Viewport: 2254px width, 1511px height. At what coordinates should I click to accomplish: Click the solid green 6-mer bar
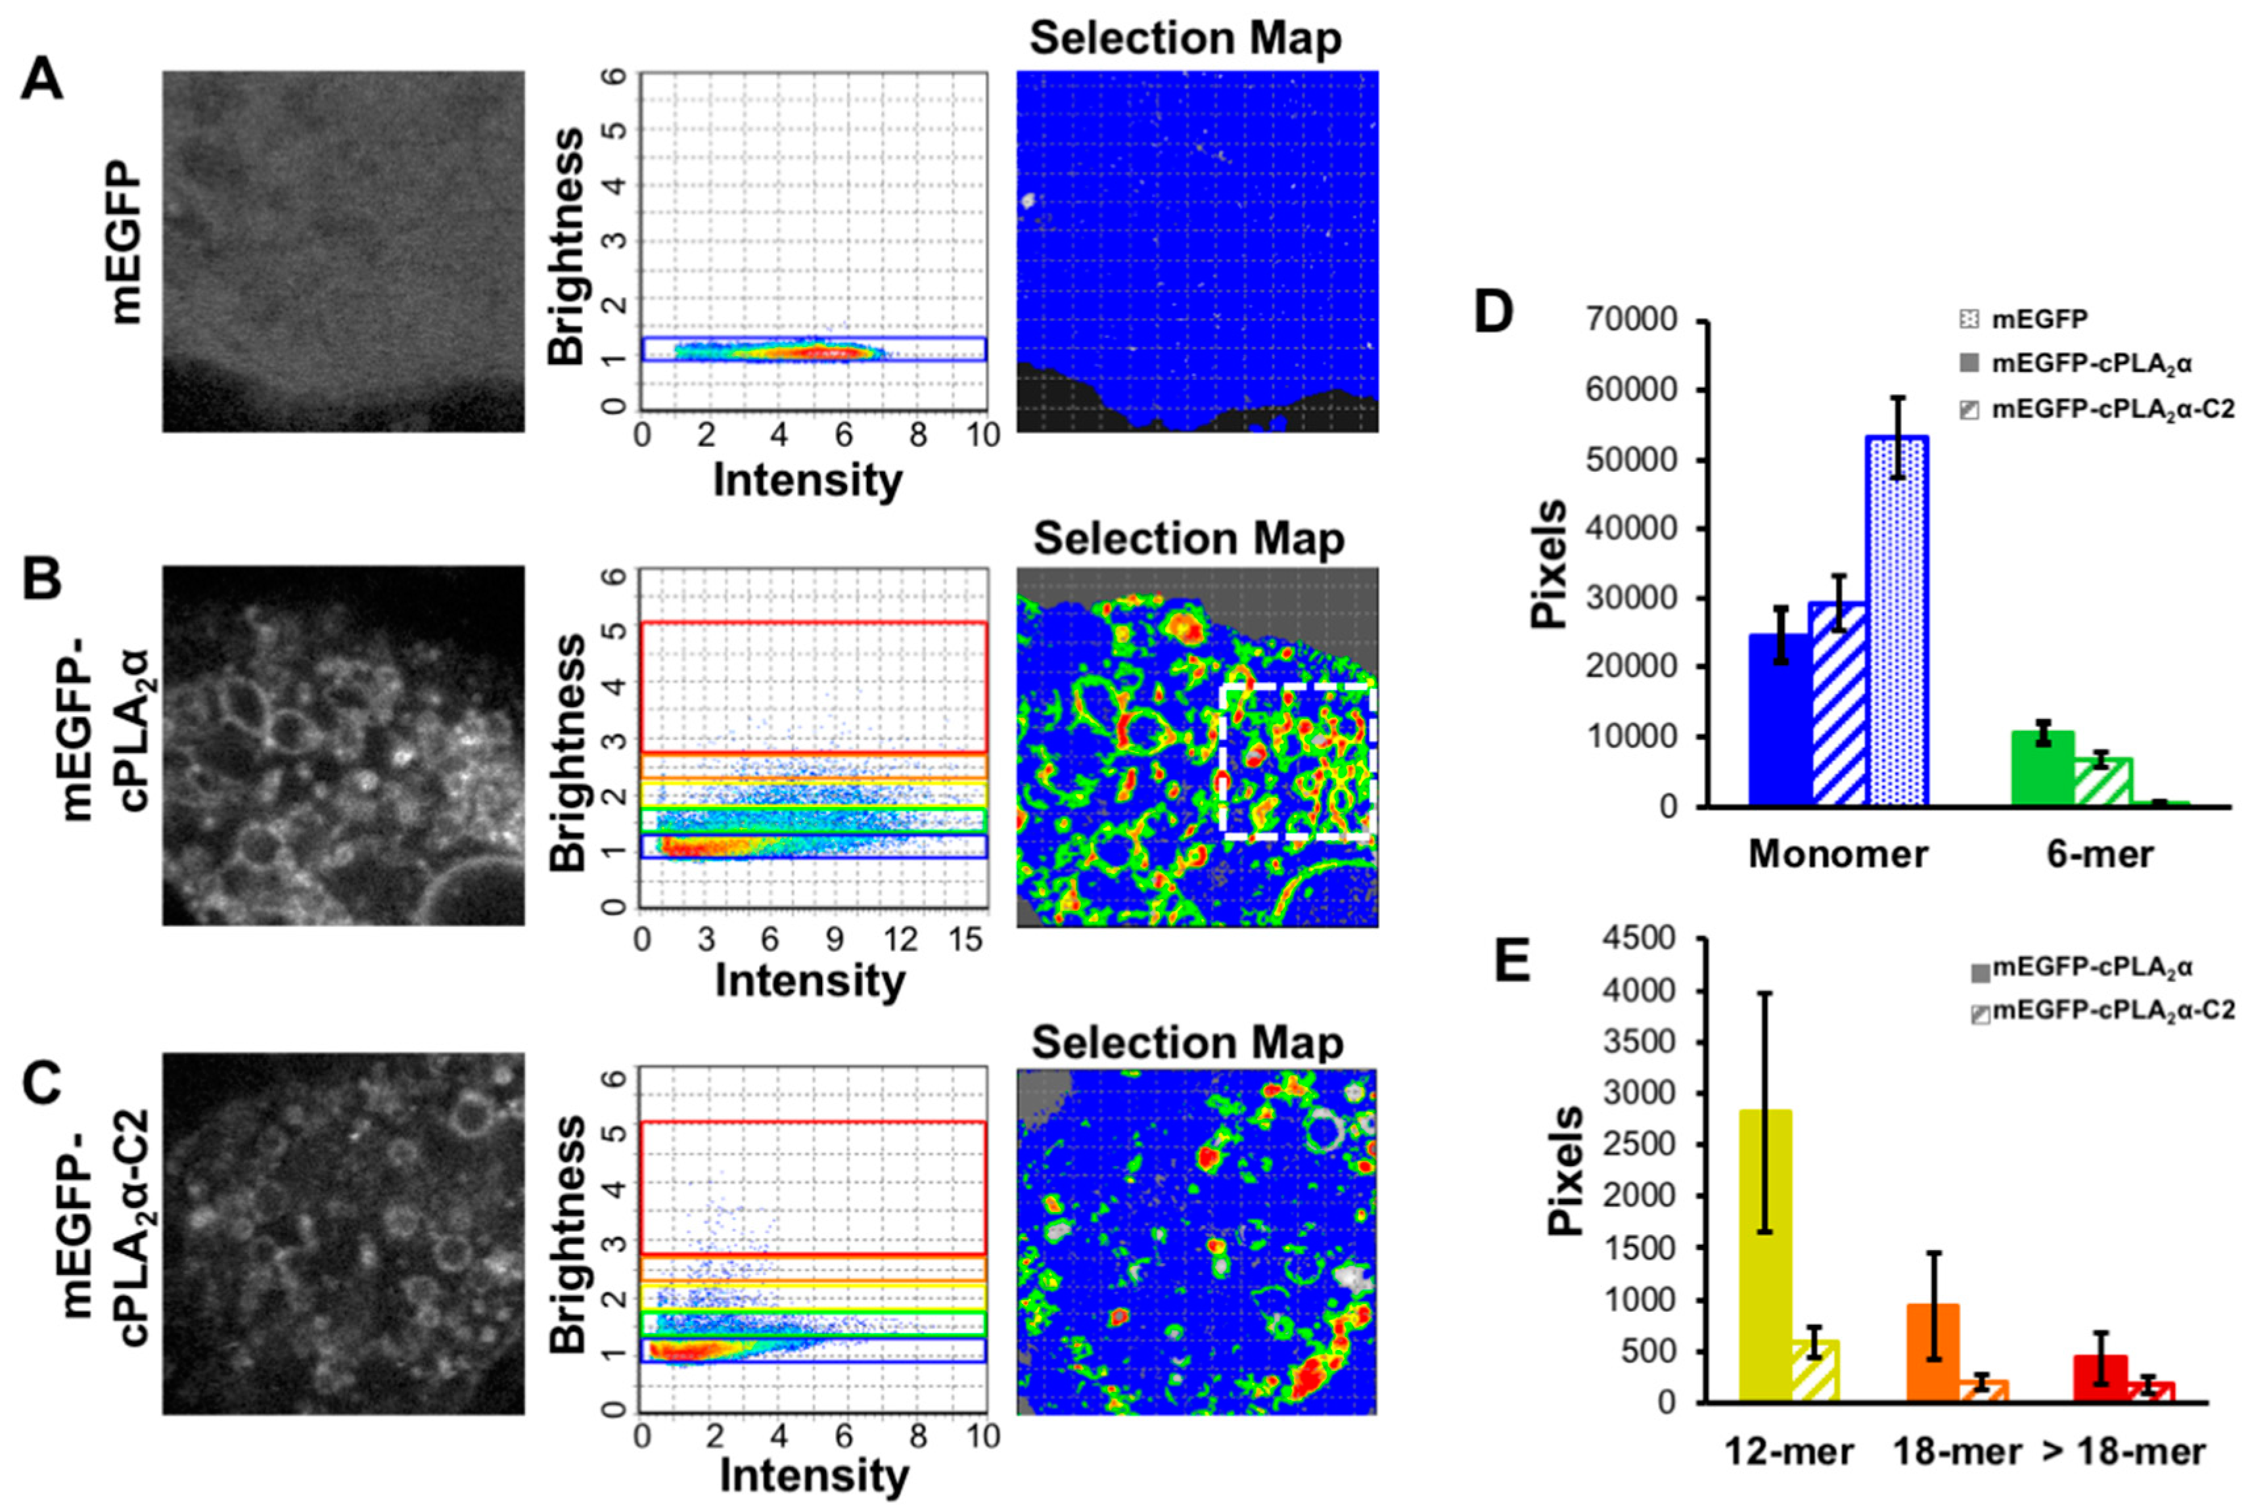pos(2042,768)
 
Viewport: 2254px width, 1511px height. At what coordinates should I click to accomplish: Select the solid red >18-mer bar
pos(2100,1378)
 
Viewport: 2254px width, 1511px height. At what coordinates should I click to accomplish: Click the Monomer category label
pos(1838,854)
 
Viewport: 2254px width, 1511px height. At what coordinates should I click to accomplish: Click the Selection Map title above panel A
pos(1185,39)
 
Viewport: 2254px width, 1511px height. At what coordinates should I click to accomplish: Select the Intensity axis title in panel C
pos(814,1476)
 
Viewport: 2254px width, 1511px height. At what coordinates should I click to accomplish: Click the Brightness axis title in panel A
pos(566,246)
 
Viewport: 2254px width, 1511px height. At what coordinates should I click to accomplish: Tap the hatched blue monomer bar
pos(1838,703)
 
